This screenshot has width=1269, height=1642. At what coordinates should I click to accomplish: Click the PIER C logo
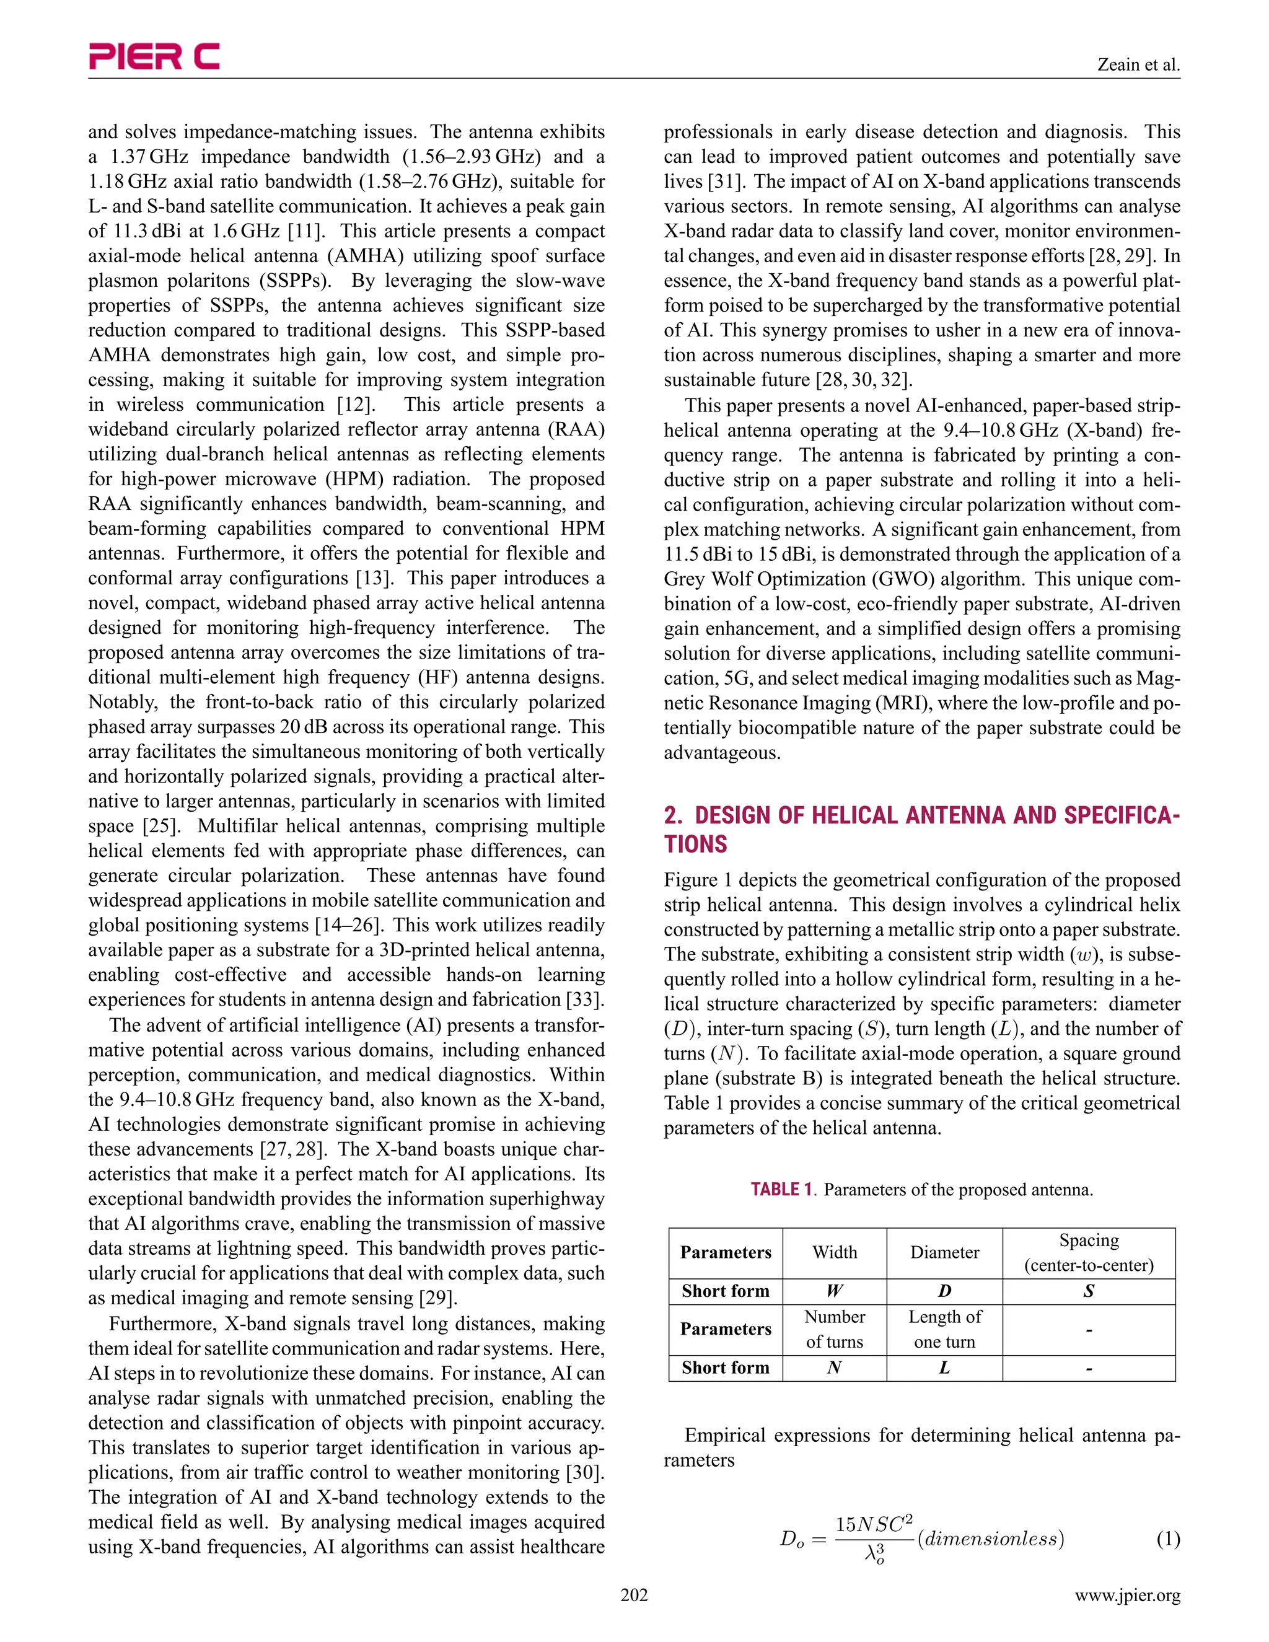click(154, 56)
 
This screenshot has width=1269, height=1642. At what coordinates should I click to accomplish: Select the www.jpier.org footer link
click(1127, 1596)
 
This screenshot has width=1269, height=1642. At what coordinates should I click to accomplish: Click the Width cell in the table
click(835, 1252)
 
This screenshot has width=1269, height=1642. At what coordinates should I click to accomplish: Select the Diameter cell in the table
click(944, 1252)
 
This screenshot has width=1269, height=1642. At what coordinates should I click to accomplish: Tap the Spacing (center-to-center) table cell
click(1089, 1252)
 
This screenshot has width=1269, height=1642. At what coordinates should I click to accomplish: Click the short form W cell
click(835, 1292)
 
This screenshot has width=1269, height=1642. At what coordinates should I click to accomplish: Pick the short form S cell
click(1089, 1292)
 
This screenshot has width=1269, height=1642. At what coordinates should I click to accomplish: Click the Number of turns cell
click(835, 1329)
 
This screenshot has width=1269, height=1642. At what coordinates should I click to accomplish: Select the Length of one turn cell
click(944, 1329)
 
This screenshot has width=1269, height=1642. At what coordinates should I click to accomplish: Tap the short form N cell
click(835, 1368)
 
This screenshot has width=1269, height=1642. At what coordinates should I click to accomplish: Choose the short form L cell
click(944, 1368)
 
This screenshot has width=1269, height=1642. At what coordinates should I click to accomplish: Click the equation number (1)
click(1167, 1540)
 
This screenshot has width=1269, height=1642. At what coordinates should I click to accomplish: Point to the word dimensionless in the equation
click(991, 1539)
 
